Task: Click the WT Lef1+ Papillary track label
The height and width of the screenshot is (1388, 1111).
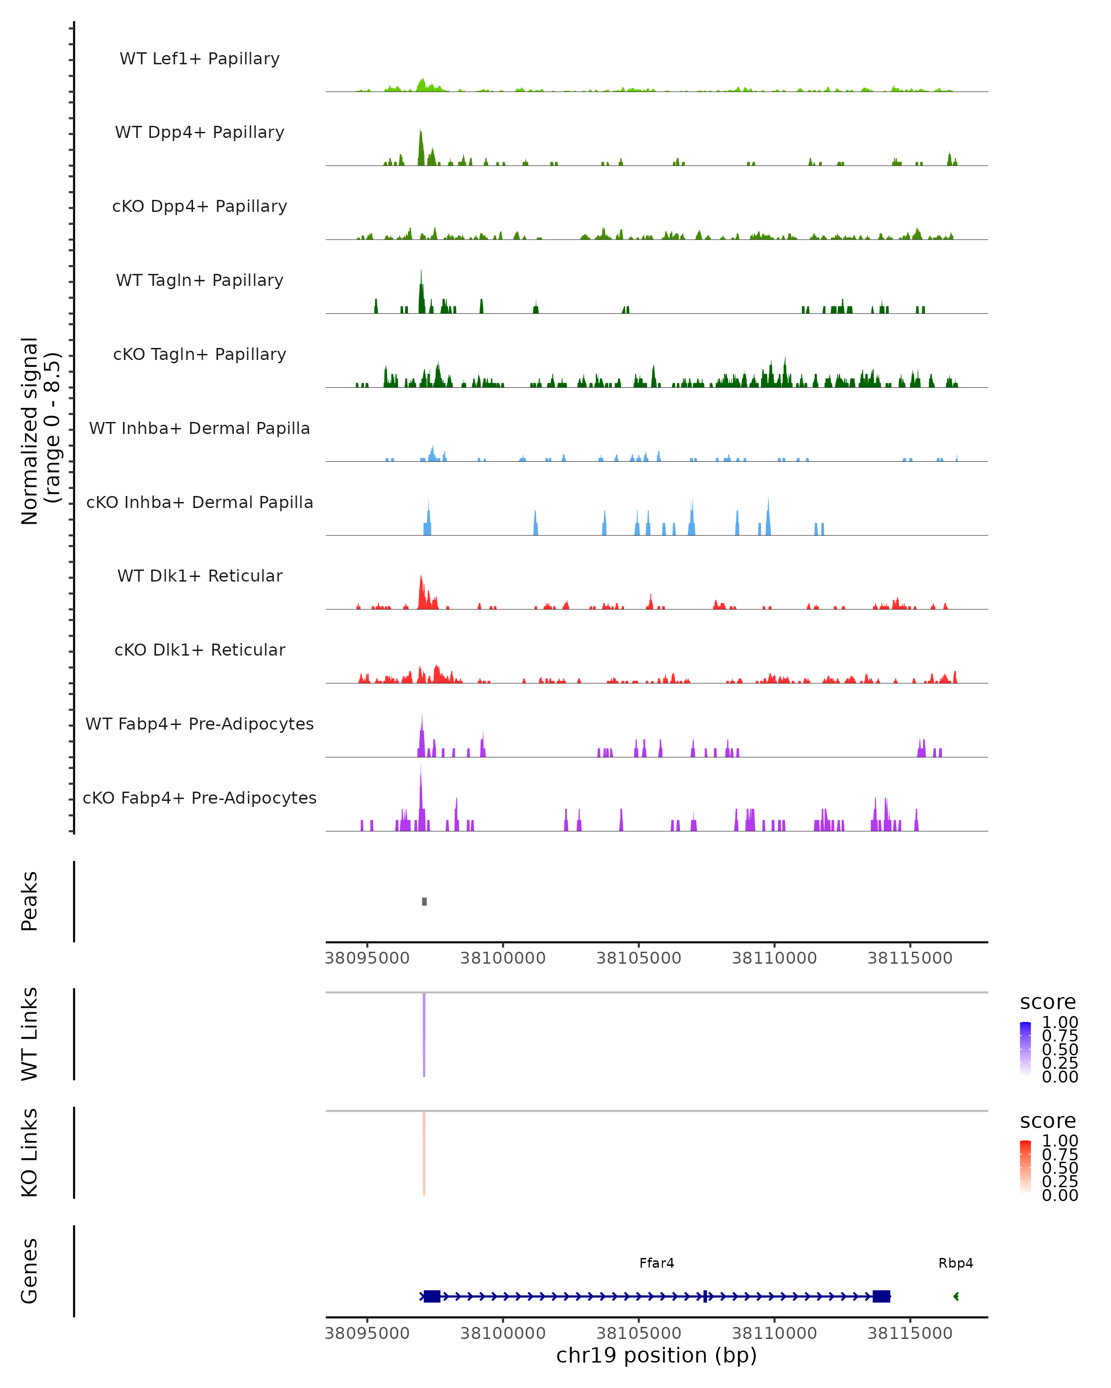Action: coord(200,59)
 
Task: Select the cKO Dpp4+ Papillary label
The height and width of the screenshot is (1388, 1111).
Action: coord(200,206)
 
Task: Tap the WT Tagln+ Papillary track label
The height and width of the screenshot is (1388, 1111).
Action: coord(200,280)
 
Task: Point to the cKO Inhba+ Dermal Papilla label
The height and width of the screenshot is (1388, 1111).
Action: coord(200,502)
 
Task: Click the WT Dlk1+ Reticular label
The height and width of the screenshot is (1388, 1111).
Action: coord(200,576)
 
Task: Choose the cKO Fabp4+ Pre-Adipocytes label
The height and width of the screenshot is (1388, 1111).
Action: coord(200,798)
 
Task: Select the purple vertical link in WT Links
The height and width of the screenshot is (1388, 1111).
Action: coord(424,1033)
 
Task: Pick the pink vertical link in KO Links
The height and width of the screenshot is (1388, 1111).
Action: coord(424,1153)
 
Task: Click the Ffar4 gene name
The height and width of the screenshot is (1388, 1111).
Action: coord(656,1263)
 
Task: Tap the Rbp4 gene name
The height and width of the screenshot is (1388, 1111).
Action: coord(955,1263)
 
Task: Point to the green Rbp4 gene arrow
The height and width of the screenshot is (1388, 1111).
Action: coord(956,1296)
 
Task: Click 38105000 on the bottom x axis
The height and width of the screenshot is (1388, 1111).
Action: coord(638,1333)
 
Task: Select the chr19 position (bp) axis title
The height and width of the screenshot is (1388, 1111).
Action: coord(656,1356)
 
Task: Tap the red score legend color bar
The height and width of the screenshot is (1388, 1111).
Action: coord(1025,1167)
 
